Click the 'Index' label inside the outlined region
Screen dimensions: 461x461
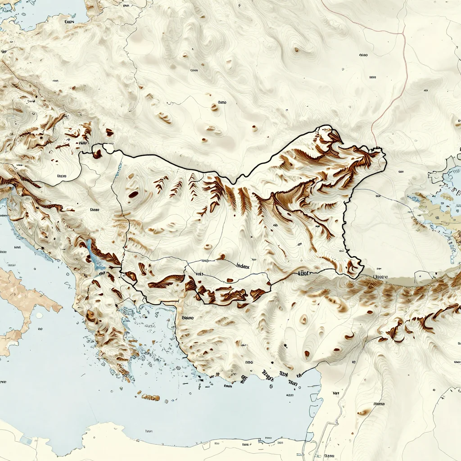[x=243, y=265]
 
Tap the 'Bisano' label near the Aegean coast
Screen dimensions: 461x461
[x=187, y=318]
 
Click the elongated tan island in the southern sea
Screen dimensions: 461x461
[x=150, y=397]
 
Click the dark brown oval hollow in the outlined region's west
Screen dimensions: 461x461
[x=133, y=194]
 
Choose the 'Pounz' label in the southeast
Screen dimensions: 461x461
[x=380, y=404]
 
